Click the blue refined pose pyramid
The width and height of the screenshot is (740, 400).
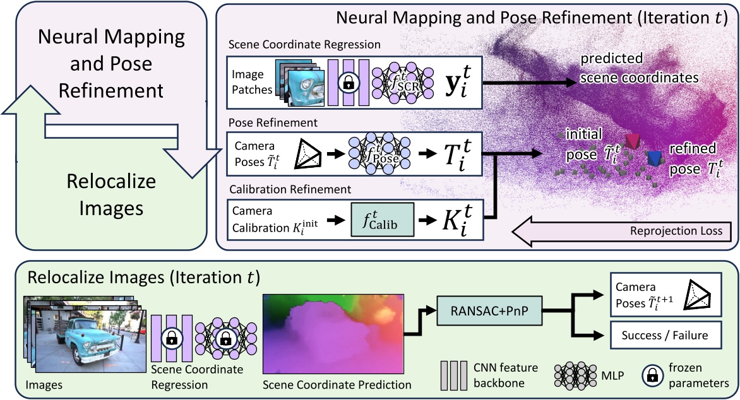click(654, 158)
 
